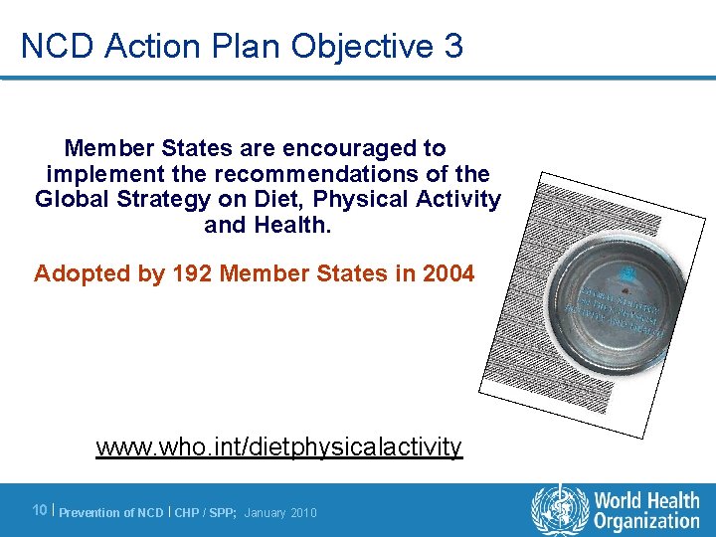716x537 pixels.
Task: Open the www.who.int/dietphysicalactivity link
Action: pos(279,447)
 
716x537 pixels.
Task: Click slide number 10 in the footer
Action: pos(40,510)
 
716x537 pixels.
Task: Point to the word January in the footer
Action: pos(264,512)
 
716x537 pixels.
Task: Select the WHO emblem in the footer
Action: pos(560,509)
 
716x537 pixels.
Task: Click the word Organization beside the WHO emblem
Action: pos(647,521)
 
